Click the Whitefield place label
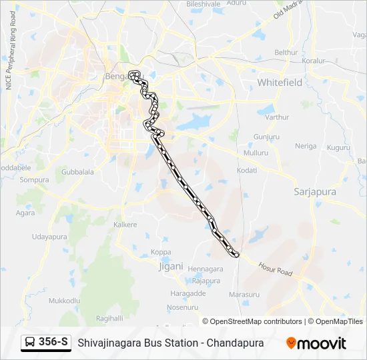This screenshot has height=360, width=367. [x=280, y=83]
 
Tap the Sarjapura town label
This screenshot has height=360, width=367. [x=315, y=192]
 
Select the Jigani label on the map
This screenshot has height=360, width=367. [x=171, y=267]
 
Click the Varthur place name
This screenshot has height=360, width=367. [x=277, y=117]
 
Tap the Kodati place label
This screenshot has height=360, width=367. [x=247, y=171]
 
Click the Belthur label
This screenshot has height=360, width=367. [x=286, y=52]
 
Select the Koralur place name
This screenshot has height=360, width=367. [x=312, y=61]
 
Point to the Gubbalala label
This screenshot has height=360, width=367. [x=77, y=171]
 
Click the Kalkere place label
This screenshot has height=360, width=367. [x=125, y=225]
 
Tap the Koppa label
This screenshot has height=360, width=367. [x=161, y=252]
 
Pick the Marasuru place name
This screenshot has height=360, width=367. [x=244, y=294]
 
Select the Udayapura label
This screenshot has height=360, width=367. [x=50, y=237]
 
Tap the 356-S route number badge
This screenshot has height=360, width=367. [x=46, y=343]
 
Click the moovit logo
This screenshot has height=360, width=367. [x=316, y=343]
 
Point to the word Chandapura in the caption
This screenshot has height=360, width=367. [x=235, y=343]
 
